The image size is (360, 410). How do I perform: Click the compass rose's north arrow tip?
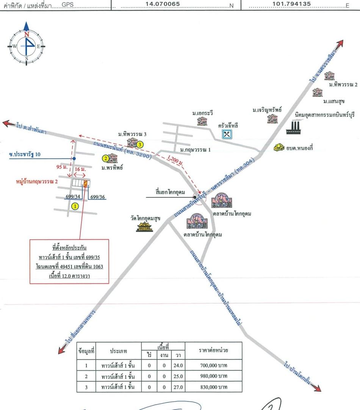coord(26,22)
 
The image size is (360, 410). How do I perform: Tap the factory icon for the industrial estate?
coord(295,127)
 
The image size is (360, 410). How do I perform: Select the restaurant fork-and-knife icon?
coord(227,135)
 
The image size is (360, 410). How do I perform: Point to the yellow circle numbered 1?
coord(75,206)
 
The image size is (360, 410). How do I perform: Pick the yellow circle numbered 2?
coord(106,158)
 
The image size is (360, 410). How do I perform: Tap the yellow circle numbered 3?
coord(140,144)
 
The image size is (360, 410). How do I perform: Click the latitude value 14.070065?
coord(163,4)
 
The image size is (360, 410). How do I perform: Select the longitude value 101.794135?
coord(291,4)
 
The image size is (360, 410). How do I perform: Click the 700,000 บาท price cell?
coord(214,365)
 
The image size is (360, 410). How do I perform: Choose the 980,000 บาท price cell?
coord(214,376)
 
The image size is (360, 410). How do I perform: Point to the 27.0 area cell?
coord(178,387)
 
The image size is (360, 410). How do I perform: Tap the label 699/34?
coord(73,196)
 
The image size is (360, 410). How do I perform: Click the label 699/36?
coord(97,197)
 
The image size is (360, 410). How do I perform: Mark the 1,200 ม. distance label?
coord(175,160)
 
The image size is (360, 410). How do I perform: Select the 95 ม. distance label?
coord(62,167)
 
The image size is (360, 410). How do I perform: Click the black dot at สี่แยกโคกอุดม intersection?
coord(195,197)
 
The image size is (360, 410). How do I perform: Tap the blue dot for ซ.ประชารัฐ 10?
coord(74,158)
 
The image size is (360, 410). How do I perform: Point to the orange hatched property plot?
coord(85,183)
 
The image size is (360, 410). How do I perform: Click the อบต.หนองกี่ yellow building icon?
coord(279,147)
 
